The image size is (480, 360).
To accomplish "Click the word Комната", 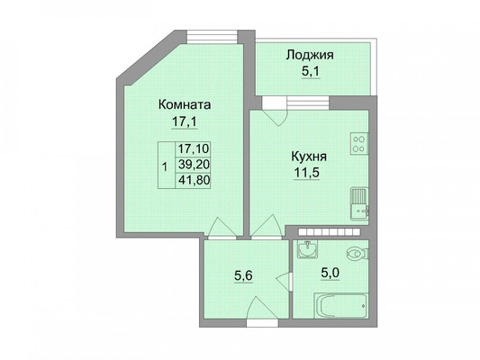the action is click(185, 105).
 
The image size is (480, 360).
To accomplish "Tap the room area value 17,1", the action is click(185, 122).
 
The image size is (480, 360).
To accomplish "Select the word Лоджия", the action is click(310, 56).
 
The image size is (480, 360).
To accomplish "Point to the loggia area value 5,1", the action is click(311, 72).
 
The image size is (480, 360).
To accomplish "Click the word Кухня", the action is click(309, 157).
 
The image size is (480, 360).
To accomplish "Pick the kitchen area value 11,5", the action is click(307, 173).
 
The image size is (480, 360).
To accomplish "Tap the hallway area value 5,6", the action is click(243, 276).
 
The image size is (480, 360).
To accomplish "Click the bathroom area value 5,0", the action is click(330, 273).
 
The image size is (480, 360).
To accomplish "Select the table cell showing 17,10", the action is click(194, 149).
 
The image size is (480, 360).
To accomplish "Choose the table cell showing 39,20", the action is click(194, 165).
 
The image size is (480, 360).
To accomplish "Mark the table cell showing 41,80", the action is click(194, 181).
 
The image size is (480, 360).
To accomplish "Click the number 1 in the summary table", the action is click(165, 167).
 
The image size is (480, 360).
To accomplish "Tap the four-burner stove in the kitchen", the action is click(359, 143).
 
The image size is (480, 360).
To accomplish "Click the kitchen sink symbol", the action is click(359, 203).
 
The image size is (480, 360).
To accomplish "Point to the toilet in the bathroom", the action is click(358, 254).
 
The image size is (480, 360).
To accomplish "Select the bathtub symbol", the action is click(340, 306).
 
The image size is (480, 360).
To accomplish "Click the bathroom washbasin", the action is click(307, 248).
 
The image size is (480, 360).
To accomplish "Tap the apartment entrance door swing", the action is click(261, 308).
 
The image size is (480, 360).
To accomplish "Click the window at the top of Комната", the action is click(213, 37).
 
